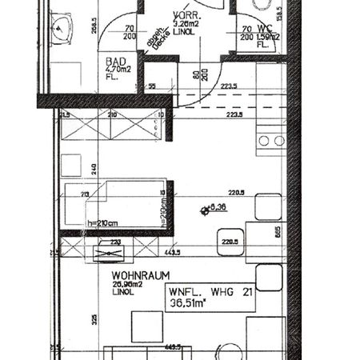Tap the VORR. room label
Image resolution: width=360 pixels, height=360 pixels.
tap(186, 15)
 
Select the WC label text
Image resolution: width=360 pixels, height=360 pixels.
tap(257, 28)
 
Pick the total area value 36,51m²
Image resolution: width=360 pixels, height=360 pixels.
tap(190, 304)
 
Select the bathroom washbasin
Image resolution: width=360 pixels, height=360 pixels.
tap(62, 29)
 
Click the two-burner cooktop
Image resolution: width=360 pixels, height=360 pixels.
tap(270, 141)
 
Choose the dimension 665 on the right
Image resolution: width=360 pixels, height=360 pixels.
tap(278, 232)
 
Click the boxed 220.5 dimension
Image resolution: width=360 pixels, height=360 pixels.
tap(230, 239)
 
